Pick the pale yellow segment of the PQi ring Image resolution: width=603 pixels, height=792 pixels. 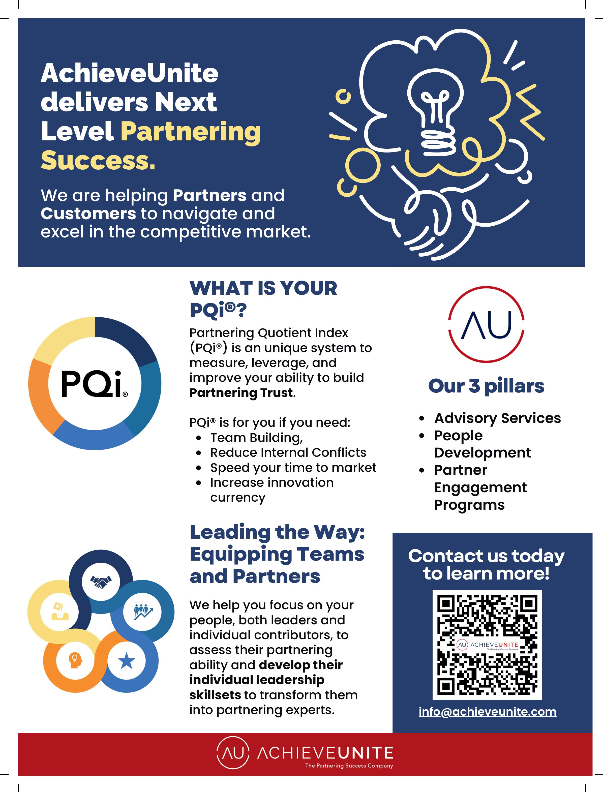click(61, 339)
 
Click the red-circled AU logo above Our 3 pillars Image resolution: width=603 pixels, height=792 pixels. click(486, 324)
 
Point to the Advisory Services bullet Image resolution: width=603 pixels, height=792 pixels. click(497, 418)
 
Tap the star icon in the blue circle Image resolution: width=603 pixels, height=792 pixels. click(126, 661)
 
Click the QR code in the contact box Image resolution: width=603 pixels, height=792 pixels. click(487, 645)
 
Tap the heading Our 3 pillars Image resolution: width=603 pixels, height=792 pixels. click(486, 386)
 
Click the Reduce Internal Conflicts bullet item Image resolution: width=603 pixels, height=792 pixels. click(288, 452)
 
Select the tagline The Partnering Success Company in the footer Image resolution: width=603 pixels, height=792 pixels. click(349, 766)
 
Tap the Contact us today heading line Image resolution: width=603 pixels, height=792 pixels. click(486, 556)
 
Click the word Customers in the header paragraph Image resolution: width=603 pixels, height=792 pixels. click(88, 214)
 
